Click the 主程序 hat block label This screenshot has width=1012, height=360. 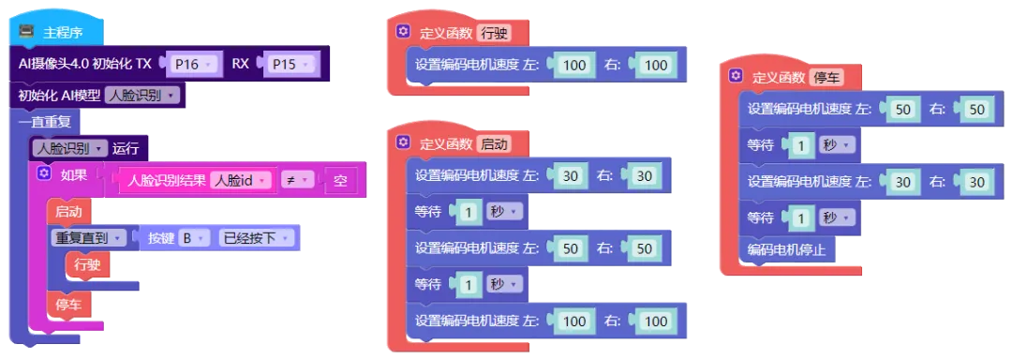point(63,32)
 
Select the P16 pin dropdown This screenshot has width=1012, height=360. point(194,64)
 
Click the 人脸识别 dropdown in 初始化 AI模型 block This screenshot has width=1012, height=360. point(141,96)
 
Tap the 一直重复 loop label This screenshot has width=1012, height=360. point(45,121)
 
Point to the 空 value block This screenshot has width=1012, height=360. point(340,181)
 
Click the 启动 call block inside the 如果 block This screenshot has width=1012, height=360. point(68,211)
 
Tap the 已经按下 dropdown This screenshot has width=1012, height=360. point(256,238)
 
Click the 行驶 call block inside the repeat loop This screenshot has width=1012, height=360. point(87,264)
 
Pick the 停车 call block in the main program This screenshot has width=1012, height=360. point(68,306)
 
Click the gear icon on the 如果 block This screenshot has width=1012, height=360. point(44,172)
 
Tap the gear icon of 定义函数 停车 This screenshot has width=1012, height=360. point(736,76)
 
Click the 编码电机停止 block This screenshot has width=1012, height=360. point(787,249)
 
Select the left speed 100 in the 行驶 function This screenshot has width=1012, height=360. point(574,65)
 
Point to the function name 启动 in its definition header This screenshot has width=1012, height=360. point(495,143)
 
